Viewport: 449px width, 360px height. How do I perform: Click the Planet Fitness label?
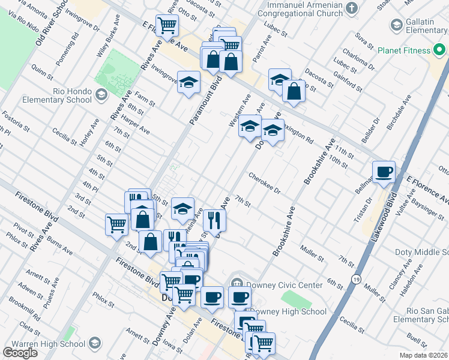404,51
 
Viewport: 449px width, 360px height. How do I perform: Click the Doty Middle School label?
421,253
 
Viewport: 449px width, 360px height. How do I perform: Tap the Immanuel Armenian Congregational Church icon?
352,8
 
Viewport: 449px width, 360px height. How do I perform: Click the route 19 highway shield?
356,280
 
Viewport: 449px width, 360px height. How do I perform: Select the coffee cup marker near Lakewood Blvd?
384,172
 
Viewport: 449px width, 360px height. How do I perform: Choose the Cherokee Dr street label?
265,183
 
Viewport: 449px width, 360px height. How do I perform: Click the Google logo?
20,353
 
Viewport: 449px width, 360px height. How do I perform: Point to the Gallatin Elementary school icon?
396,25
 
